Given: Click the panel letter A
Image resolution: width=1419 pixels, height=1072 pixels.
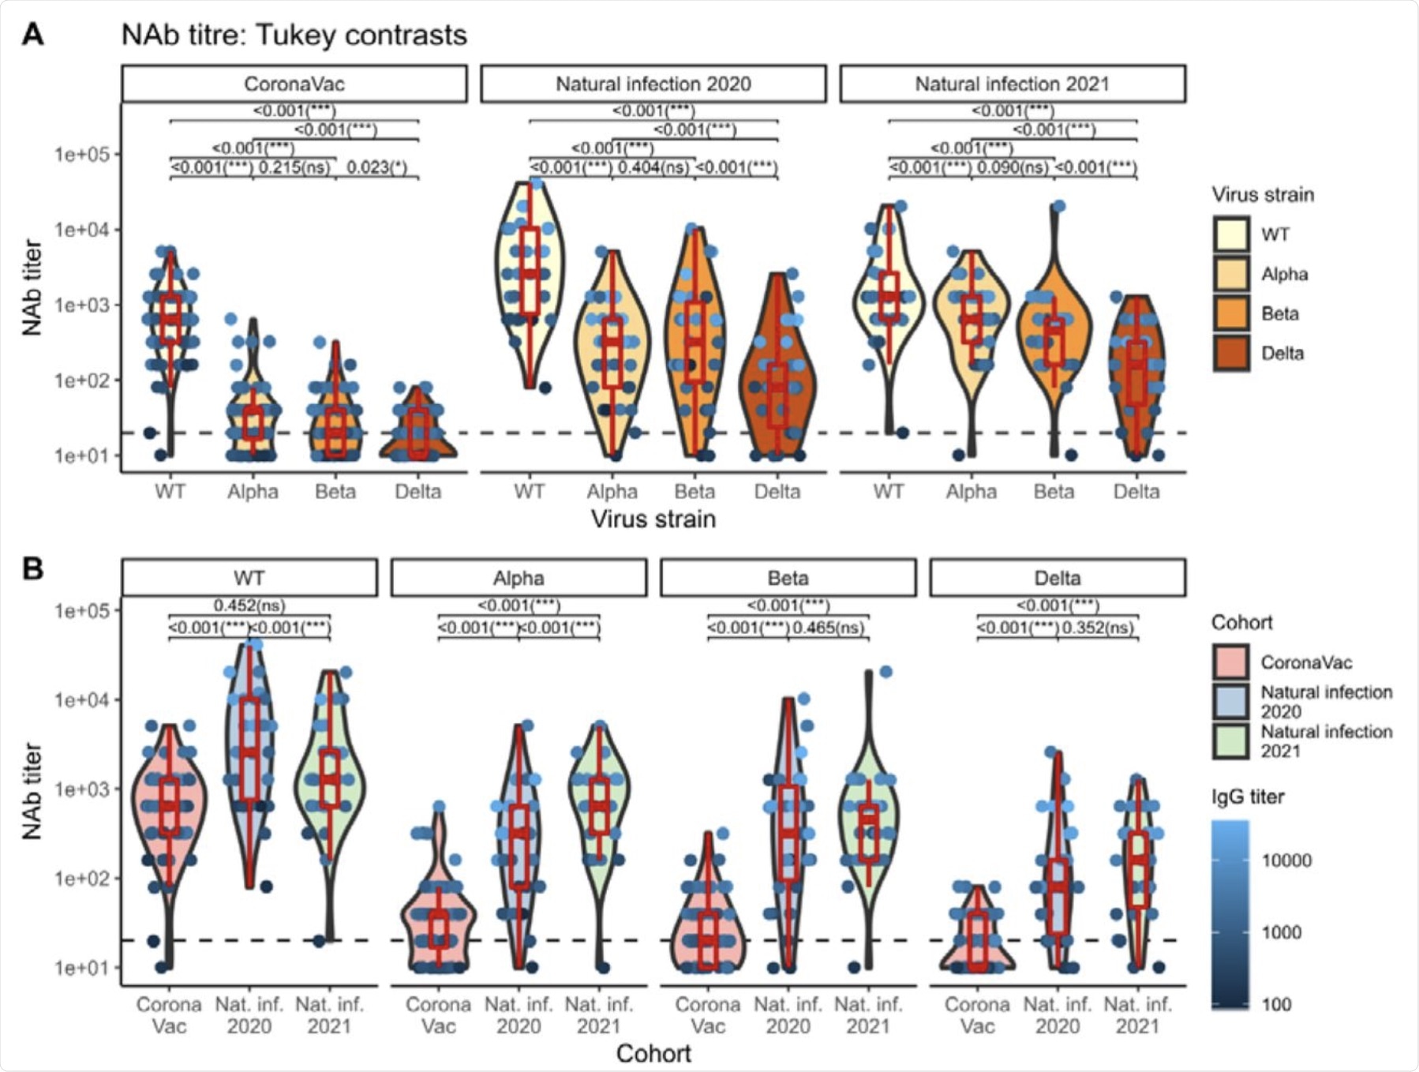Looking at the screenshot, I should click(x=32, y=35).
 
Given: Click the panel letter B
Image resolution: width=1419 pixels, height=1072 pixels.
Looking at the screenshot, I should click(x=32, y=568).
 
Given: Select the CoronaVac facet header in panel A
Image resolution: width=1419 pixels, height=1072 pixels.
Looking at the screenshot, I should click(x=294, y=84).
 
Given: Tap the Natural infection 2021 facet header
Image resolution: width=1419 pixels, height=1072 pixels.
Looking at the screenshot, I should click(x=1012, y=84).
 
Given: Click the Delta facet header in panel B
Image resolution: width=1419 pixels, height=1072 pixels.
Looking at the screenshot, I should click(x=1057, y=578).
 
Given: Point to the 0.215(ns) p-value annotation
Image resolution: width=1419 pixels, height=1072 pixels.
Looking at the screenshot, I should click(x=294, y=167).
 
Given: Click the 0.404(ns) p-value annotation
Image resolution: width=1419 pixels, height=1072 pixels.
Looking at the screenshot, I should click(x=653, y=167).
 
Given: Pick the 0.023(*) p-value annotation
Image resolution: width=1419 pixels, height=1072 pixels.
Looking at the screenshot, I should click(x=377, y=167).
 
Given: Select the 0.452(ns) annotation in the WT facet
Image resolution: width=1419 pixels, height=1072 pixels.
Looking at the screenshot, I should click(x=249, y=605).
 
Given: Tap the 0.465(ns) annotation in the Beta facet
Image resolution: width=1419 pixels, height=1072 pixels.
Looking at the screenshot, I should click(x=828, y=628).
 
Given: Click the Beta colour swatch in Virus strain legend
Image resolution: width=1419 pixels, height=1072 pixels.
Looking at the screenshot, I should click(x=1231, y=313).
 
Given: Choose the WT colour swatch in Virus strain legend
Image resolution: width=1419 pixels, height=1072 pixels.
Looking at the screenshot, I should click(x=1231, y=234).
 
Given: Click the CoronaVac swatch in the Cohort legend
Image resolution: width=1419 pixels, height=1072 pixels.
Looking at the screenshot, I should click(x=1230, y=662).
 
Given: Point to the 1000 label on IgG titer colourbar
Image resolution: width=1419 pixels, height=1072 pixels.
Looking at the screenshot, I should click(x=1281, y=932).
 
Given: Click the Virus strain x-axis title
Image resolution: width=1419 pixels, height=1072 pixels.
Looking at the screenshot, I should click(x=653, y=519).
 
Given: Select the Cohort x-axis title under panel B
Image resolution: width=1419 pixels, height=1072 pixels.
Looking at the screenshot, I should click(x=653, y=1053).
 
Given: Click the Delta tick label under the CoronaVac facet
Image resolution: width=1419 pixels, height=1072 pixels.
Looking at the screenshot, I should click(x=417, y=492).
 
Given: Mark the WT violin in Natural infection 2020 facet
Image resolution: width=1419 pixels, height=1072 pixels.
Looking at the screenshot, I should click(x=530, y=268).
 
